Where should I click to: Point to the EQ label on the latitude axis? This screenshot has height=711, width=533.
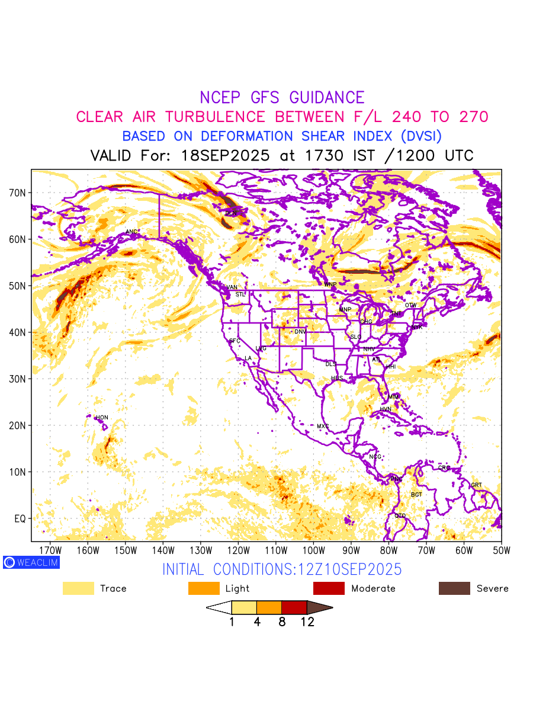[x=20, y=518]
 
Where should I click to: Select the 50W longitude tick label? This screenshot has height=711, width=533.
[x=501, y=550]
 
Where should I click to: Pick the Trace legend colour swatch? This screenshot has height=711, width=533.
[x=78, y=588]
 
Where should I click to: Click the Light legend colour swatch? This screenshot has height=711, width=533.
[x=204, y=588]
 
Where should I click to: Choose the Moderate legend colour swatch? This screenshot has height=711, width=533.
[x=329, y=588]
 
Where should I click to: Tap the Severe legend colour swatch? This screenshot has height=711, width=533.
[x=454, y=588]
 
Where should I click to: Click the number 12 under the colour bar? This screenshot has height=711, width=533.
[x=307, y=622]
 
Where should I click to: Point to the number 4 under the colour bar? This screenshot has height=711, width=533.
[x=256, y=622]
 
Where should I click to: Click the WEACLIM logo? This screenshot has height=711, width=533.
[x=31, y=562]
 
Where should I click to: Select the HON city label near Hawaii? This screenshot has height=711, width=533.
[x=102, y=418]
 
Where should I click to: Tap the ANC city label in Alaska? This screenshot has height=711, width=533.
[x=131, y=232]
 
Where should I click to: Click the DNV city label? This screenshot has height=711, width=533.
[x=300, y=332]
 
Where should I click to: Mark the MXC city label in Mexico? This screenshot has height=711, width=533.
[x=323, y=426]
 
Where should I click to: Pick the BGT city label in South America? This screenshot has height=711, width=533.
[x=417, y=494]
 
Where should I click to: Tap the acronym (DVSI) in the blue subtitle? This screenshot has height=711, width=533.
[x=421, y=136]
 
